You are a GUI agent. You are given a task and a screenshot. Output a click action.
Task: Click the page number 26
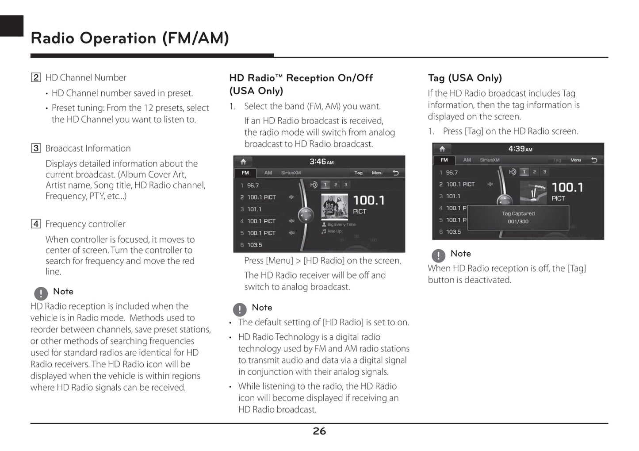click(319, 431)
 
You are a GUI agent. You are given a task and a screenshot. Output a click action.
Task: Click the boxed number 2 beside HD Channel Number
click(36, 77)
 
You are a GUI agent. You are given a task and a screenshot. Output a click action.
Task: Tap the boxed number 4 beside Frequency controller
click(36, 224)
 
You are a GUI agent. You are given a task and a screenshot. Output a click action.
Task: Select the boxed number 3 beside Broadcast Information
click(36, 148)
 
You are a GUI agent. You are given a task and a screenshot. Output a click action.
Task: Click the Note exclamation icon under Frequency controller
click(41, 293)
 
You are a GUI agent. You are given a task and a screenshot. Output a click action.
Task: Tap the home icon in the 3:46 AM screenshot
click(243, 162)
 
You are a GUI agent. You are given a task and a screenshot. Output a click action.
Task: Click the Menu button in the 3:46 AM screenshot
click(377, 173)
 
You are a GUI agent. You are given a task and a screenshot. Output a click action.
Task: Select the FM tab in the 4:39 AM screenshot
click(444, 160)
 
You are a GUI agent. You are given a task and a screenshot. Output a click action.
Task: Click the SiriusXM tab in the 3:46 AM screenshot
click(291, 173)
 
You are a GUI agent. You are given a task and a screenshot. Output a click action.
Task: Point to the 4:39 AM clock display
click(520, 149)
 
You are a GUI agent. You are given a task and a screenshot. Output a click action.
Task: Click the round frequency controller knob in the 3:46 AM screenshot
click(306, 216)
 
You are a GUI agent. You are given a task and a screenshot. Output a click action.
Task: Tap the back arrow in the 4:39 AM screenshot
click(594, 160)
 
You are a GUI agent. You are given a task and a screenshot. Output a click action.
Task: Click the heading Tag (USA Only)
click(465, 78)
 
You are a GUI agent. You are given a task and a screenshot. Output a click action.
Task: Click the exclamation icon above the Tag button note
click(438, 255)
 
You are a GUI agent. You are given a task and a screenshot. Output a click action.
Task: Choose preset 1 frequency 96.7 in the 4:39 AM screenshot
click(452, 173)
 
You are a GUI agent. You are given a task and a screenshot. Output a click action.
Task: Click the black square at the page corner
click(11, 26)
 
